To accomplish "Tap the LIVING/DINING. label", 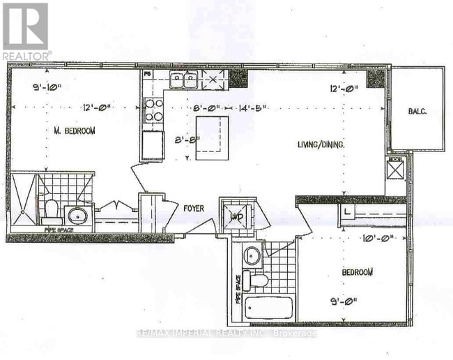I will [x=322, y=144].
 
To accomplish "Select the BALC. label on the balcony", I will [x=417, y=110].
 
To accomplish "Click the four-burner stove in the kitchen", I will [x=153, y=110].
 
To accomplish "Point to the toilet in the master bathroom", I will [x=51, y=208].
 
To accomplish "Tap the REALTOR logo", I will [x=26, y=31].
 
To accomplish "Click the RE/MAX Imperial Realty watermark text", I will [x=227, y=333].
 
